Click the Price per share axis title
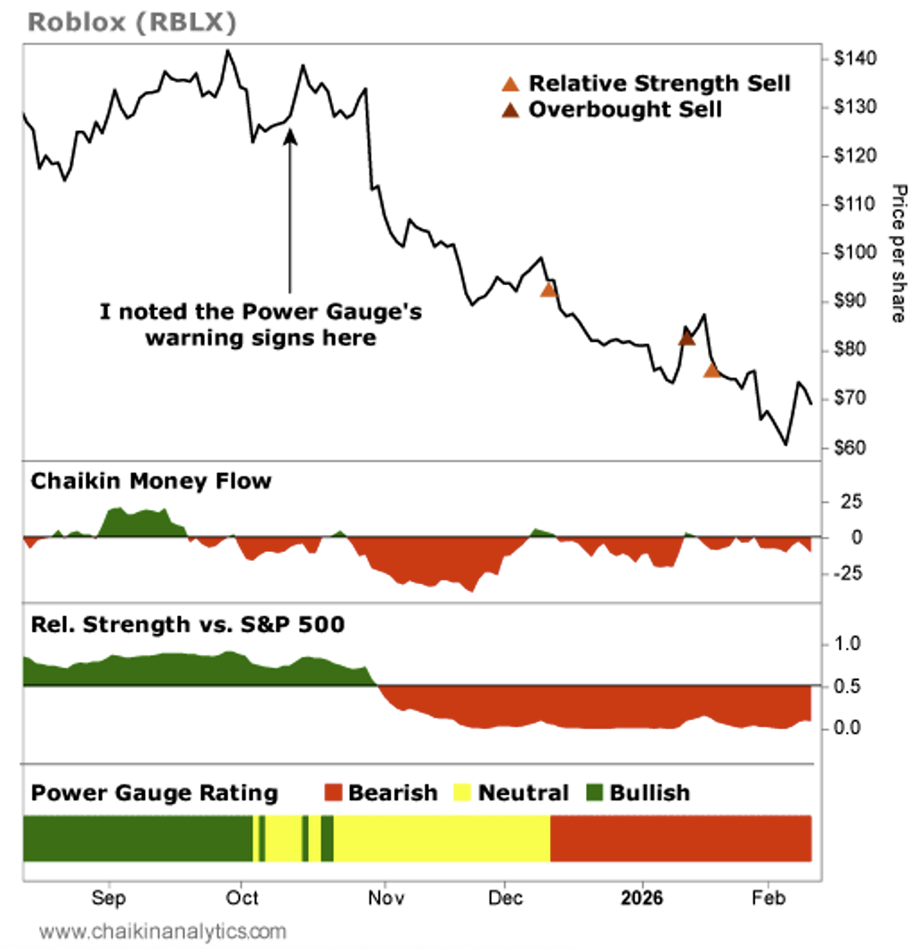pyautogui.click(x=899, y=253)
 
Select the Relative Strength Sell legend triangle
pyautogui.click(x=510, y=85)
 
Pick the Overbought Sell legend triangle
pyautogui.click(x=510, y=110)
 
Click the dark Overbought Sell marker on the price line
pyautogui.click(x=687, y=337)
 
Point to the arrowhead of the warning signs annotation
pyautogui.click(x=289, y=134)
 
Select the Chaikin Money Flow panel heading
pyautogui.click(x=151, y=482)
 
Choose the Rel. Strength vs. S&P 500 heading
pyautogui.click(x=188, y=624)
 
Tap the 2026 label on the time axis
pyautogui.click(x=642, y=897)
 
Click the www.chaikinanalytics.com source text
pyautogui.click(x=164, y=932)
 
